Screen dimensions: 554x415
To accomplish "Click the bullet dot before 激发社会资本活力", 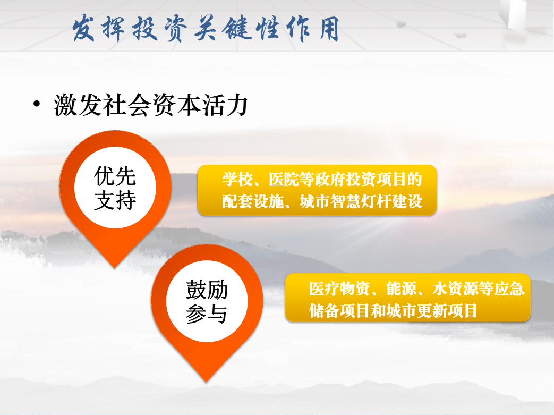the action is [x=37, y=104].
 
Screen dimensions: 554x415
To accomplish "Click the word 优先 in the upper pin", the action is [x=115, y=176].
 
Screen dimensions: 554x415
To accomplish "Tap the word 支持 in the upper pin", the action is [x=115, y=200].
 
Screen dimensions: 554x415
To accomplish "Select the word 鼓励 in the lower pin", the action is [x=207, y=290].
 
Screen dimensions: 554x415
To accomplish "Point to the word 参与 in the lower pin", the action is [x=207, y=314].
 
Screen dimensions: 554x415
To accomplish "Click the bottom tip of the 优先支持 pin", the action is [x=115, y=268].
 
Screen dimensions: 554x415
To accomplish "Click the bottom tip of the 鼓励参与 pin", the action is [x=207, y=382].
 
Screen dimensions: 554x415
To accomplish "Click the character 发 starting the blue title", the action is [x=84, y=28].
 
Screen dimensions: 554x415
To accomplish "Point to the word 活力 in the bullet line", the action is [x=225, y=105].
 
